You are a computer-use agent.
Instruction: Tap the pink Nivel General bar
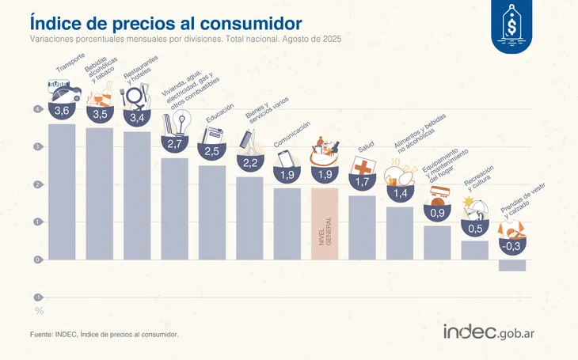325,223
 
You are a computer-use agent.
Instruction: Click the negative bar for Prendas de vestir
512,265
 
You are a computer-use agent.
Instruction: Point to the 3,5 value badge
100,114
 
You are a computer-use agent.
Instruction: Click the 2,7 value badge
175,144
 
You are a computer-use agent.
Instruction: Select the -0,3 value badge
511,246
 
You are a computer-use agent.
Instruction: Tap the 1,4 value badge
399,192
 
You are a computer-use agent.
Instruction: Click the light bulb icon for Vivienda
177,122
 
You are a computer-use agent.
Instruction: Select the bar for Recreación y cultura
474,250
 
